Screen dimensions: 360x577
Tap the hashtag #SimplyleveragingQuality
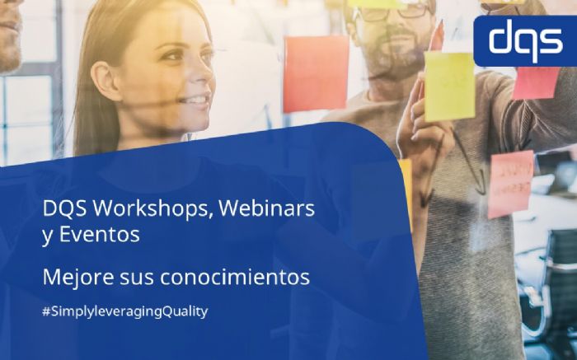pos(124,311)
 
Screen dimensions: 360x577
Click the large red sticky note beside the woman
pos(316,73)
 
